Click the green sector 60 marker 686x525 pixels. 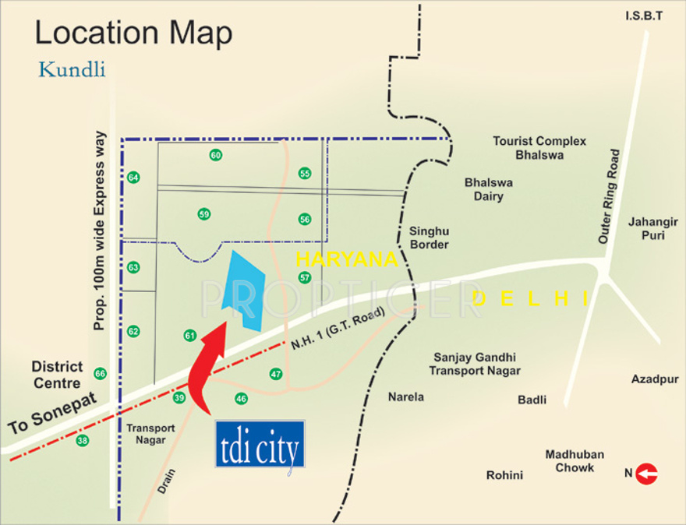tap(216, 155)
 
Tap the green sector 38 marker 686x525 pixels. tap(83, 441)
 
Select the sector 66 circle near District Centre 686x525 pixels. tap(100, 374)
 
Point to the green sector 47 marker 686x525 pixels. tap(275, 374)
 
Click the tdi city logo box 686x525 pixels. tap(260, 445)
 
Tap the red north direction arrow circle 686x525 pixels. tap(647, 473)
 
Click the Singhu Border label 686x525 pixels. tap(429, 238)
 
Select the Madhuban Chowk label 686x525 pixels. tap(575, 461)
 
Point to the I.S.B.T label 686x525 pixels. tap(643, 16)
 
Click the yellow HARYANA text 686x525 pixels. tap(347, 259)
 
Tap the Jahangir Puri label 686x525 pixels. tap(647, 228)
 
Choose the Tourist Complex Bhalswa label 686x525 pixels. tap(539, 147)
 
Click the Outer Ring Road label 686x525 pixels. tap(609, 196)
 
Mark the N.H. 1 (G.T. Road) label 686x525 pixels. tap(338, 331)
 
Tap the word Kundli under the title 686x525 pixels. tap(72, 70)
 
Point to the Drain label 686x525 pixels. tap(167, 480)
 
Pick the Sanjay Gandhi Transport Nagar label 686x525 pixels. tap(477, 364)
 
